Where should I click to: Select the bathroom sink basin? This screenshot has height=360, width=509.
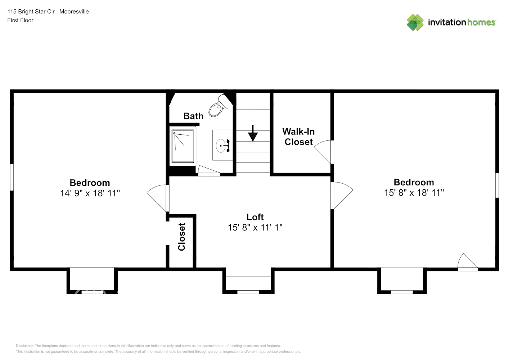click(x=221, y=146)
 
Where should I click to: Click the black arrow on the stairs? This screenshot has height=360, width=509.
click(x=253, y=134)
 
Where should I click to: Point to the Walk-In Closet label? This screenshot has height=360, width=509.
click(x=298, y=137)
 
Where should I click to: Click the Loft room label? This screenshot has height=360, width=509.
click(x=255, y=217)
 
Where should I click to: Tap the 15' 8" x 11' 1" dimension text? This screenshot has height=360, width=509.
click(x=255, y=228)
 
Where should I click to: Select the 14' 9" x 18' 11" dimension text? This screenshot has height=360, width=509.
click(x=90, y=193)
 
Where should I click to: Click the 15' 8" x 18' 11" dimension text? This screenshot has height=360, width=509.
click(x=414, y=193)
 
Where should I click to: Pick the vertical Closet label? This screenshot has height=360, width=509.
click(x=182, y=237)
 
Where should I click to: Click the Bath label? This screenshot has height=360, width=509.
click(x=193, y=116)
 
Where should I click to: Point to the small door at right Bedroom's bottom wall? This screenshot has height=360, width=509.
click(x=467, y=262)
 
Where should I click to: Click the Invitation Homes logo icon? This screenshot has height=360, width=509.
click(x=415, y=22)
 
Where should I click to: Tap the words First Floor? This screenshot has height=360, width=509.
click(x=20, y=21)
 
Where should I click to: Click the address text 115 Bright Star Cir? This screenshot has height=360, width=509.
click(x=31, y=12)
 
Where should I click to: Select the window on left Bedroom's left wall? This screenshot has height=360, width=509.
click(x=12, y=177)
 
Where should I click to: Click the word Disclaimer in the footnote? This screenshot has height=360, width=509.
click(x=24, y=346)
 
